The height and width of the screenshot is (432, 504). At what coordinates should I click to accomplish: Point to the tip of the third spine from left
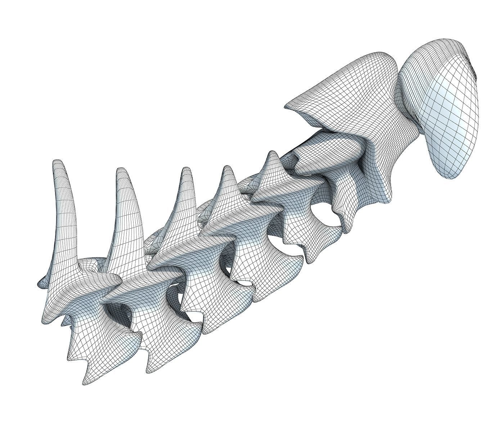(186, 169)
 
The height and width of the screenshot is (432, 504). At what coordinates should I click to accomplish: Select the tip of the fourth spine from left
(227, 167)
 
